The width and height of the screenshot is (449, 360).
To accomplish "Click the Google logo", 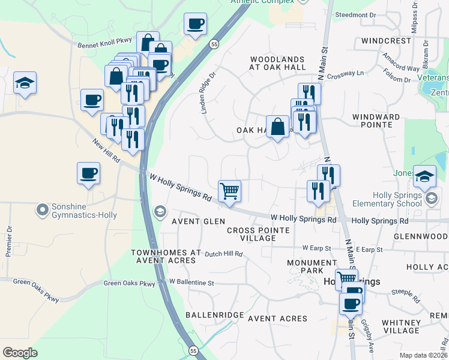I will pos(20,352).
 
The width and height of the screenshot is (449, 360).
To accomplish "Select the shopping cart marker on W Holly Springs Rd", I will pos(230,192).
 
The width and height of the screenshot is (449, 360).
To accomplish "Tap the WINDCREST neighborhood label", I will pos(387,41).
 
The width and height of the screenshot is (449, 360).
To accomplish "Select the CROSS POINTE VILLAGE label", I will pos(259,234).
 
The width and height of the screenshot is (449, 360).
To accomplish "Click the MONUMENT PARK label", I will pos(312,267).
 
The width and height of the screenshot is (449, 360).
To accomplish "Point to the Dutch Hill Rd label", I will pos(223,254).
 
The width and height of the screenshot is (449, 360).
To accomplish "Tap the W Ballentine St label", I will pos(191,281).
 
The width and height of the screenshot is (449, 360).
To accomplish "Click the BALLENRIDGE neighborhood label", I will pos(214,314).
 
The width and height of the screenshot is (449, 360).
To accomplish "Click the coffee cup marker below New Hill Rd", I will pos(88,173).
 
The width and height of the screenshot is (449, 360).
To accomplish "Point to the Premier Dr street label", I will pos(9,241).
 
